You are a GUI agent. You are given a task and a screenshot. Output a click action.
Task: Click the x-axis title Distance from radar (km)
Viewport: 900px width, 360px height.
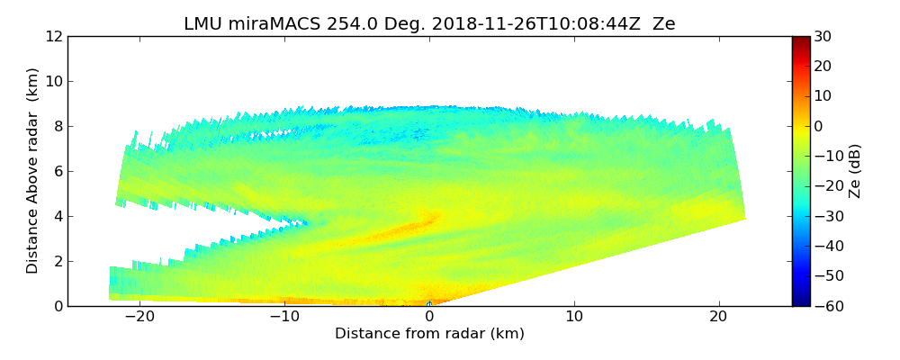coord(429,334)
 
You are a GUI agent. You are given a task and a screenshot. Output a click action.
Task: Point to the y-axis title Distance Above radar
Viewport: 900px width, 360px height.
coord(32,171)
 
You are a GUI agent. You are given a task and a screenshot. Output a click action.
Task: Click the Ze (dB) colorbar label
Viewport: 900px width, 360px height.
coord(855,171)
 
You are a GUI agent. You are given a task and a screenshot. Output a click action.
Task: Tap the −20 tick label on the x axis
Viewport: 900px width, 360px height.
coord(139,318)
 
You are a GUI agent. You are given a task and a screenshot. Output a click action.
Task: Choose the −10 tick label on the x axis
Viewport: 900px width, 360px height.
coord(284,318)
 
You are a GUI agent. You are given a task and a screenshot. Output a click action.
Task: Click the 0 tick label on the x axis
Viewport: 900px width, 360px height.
coord(429,318)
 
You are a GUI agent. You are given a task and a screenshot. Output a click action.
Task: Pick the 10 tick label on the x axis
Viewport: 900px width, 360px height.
coord(574,318)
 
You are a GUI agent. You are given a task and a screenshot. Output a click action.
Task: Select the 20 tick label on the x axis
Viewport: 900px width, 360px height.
coord(719,318)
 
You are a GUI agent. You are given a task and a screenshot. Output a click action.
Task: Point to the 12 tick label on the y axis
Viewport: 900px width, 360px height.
coord(54,37)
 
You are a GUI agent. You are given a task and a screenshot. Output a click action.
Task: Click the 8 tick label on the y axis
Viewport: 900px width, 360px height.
coord(58,127)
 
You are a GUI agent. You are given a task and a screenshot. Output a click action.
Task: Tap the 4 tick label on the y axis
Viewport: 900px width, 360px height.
coord(58,217)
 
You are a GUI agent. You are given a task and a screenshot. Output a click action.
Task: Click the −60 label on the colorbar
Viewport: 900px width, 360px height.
coord(828,306)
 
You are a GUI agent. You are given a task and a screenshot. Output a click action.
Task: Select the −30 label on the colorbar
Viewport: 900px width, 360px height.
coord(828,216)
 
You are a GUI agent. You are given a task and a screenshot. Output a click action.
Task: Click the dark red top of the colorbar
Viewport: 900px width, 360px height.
coord(800,40)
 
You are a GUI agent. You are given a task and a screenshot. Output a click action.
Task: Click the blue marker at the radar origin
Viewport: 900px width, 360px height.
coord(429,304)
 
